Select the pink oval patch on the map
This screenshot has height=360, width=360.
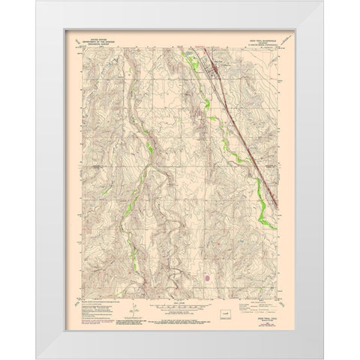[208, 277]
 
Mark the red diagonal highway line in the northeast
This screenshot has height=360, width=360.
[240, 120]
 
